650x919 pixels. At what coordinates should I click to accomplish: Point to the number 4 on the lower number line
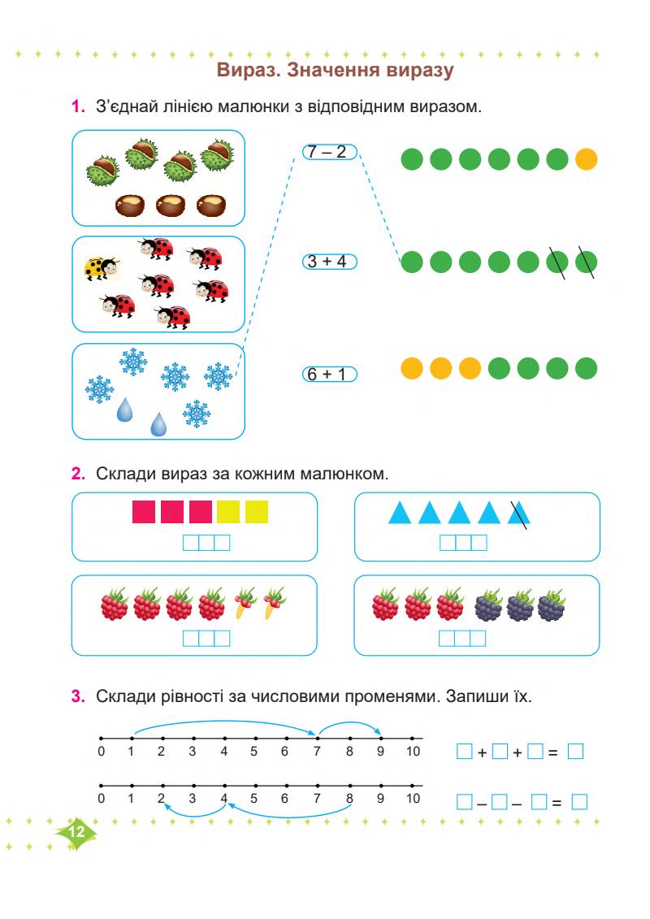224,799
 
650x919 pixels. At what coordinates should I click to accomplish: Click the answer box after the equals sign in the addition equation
575,752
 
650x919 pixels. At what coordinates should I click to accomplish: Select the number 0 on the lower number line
101,799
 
